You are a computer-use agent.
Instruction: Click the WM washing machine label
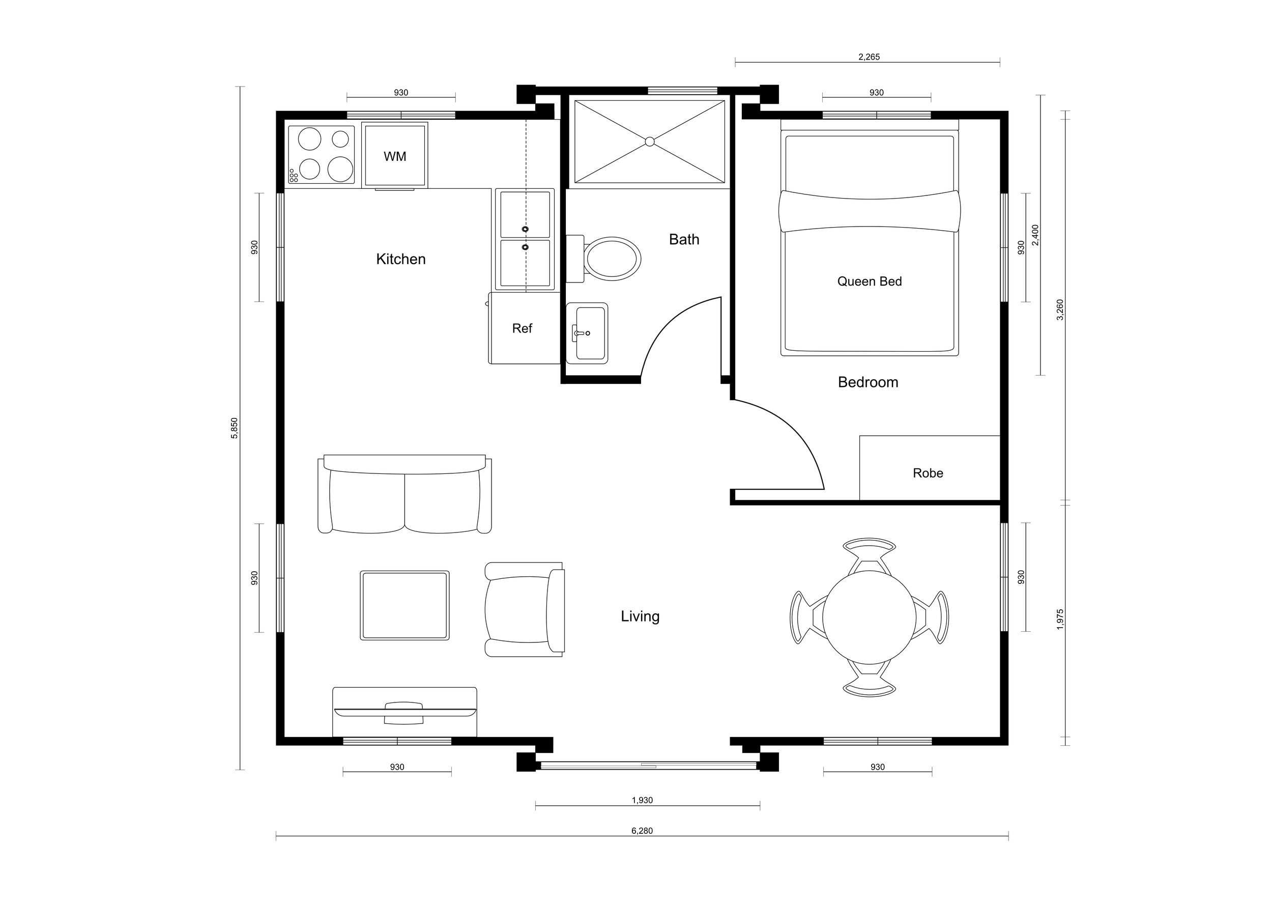pos(394,157)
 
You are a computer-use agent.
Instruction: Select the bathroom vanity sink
pos(588,333)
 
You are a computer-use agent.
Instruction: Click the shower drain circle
pos(650,142)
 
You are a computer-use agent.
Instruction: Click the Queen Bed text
pos(869,282)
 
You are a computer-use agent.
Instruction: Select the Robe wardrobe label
pos(928,473)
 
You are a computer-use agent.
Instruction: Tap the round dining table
pos(869,617)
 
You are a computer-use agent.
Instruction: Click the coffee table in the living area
pos(404,606)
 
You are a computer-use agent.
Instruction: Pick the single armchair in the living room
pos(524,610)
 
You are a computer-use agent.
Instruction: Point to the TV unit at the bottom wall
pos(404,712)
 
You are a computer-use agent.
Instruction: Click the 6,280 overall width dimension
pos(642,831)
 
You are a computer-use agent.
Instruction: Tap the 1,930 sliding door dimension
pos(642,800)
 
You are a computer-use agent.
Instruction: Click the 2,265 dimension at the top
pos(869,57)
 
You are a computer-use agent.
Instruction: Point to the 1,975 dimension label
pos(1060,620)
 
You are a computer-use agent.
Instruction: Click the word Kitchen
pos(400,259)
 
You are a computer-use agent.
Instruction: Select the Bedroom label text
pos(868,382)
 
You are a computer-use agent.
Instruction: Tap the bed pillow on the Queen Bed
pos(869,211)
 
